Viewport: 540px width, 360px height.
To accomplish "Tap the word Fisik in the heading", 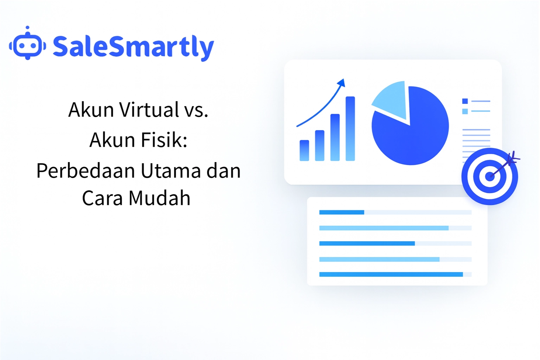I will point(164,140).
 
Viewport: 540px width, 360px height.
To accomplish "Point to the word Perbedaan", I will point(86,171).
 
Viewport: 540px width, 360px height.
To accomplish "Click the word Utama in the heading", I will point(171,171).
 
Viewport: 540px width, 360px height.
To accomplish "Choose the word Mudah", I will point(159,198).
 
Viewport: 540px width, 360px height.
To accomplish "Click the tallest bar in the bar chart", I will point(350,128).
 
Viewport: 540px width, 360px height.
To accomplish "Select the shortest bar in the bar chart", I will point(304,150).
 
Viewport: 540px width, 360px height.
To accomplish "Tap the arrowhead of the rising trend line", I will point(341,83).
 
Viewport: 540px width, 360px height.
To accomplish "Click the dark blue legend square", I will point(465,101).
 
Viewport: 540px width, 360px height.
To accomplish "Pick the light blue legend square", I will point(465,111).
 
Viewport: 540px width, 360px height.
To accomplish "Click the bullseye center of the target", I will point(489,176).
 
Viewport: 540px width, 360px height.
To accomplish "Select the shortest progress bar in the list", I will point(341,212).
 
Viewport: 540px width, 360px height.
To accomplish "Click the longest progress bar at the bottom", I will point(391,275).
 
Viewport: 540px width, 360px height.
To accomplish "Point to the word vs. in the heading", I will point(197,110).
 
